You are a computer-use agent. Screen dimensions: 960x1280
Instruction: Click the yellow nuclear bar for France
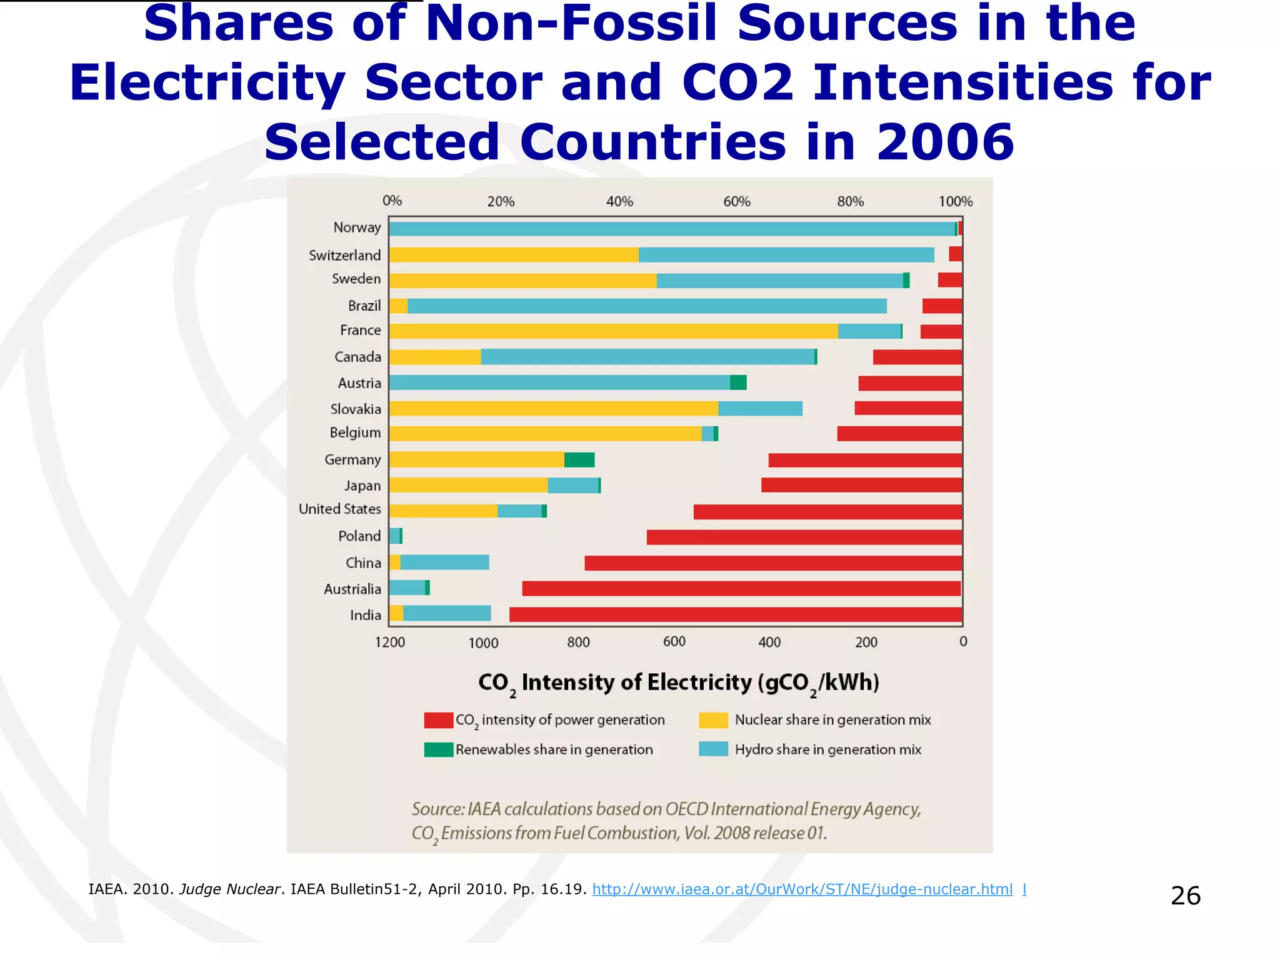(x=612, y=331)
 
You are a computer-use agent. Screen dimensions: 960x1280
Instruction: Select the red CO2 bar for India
(x=735, y=614)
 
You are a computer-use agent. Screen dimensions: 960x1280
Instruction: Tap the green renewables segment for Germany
(x=579, y=460)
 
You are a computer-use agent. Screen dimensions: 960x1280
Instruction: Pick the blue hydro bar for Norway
(x=672, y=229)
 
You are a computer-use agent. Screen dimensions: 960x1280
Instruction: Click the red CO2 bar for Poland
(x=804, y=537)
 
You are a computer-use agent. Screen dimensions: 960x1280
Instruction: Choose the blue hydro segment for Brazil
(x=647, y=306)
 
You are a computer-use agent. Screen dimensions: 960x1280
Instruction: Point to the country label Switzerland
(x=344, y=255)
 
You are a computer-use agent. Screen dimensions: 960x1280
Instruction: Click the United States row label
(x=339, y=509)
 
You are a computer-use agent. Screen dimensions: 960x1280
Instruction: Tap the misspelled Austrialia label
(x=352, y=589)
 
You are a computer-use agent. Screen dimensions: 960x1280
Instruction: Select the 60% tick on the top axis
(x=737, y=202)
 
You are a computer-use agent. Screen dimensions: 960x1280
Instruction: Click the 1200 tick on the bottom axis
(x=390, y=642)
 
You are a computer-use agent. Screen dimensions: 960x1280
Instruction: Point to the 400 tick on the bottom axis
(x=769, y=642)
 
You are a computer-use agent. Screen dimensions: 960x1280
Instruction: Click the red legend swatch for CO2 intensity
(x=438, y=720)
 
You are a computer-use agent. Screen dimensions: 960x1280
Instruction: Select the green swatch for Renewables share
(x=438, y=749)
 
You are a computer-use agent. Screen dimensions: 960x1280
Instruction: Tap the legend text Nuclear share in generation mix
(x=832, y=720)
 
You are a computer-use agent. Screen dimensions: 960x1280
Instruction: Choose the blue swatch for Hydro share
(x=713, y=749)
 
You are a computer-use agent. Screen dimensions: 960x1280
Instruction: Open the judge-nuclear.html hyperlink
(x=802, y=889)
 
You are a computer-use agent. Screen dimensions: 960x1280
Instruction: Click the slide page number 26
(x=1185, y=896)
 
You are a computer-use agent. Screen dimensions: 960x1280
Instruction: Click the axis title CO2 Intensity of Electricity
(x=678, y=682)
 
